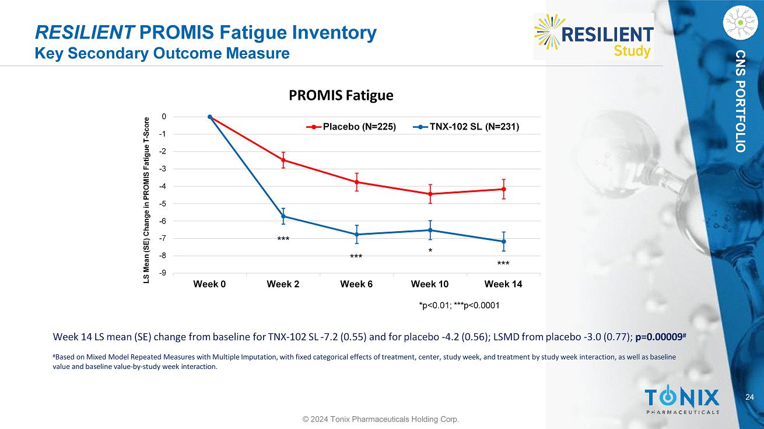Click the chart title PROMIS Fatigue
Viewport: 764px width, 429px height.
pyautogui.click(x=341, y=95)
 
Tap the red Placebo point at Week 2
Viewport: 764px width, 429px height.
pyautogui.click(x=283, y=160)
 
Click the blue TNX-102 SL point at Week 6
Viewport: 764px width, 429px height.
pyautogui.click(x=356, y=235)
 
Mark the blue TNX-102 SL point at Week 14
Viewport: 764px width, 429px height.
pyautogui.click(x=503, y=242)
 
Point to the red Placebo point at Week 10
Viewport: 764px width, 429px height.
pyautogui.click(x=430, y=194)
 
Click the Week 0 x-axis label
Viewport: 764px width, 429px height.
pyautogui.click(x=209, y=284)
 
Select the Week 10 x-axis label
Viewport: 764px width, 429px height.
pyautogui.click(x=430, y=284)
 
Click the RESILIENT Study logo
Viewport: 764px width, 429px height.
pyautogui.click(x=594, y=36)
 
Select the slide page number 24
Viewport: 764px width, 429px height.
pyautogui.click(x=749, y=397)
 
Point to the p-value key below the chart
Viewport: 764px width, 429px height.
pyautogui.click(x=460, y=305)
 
